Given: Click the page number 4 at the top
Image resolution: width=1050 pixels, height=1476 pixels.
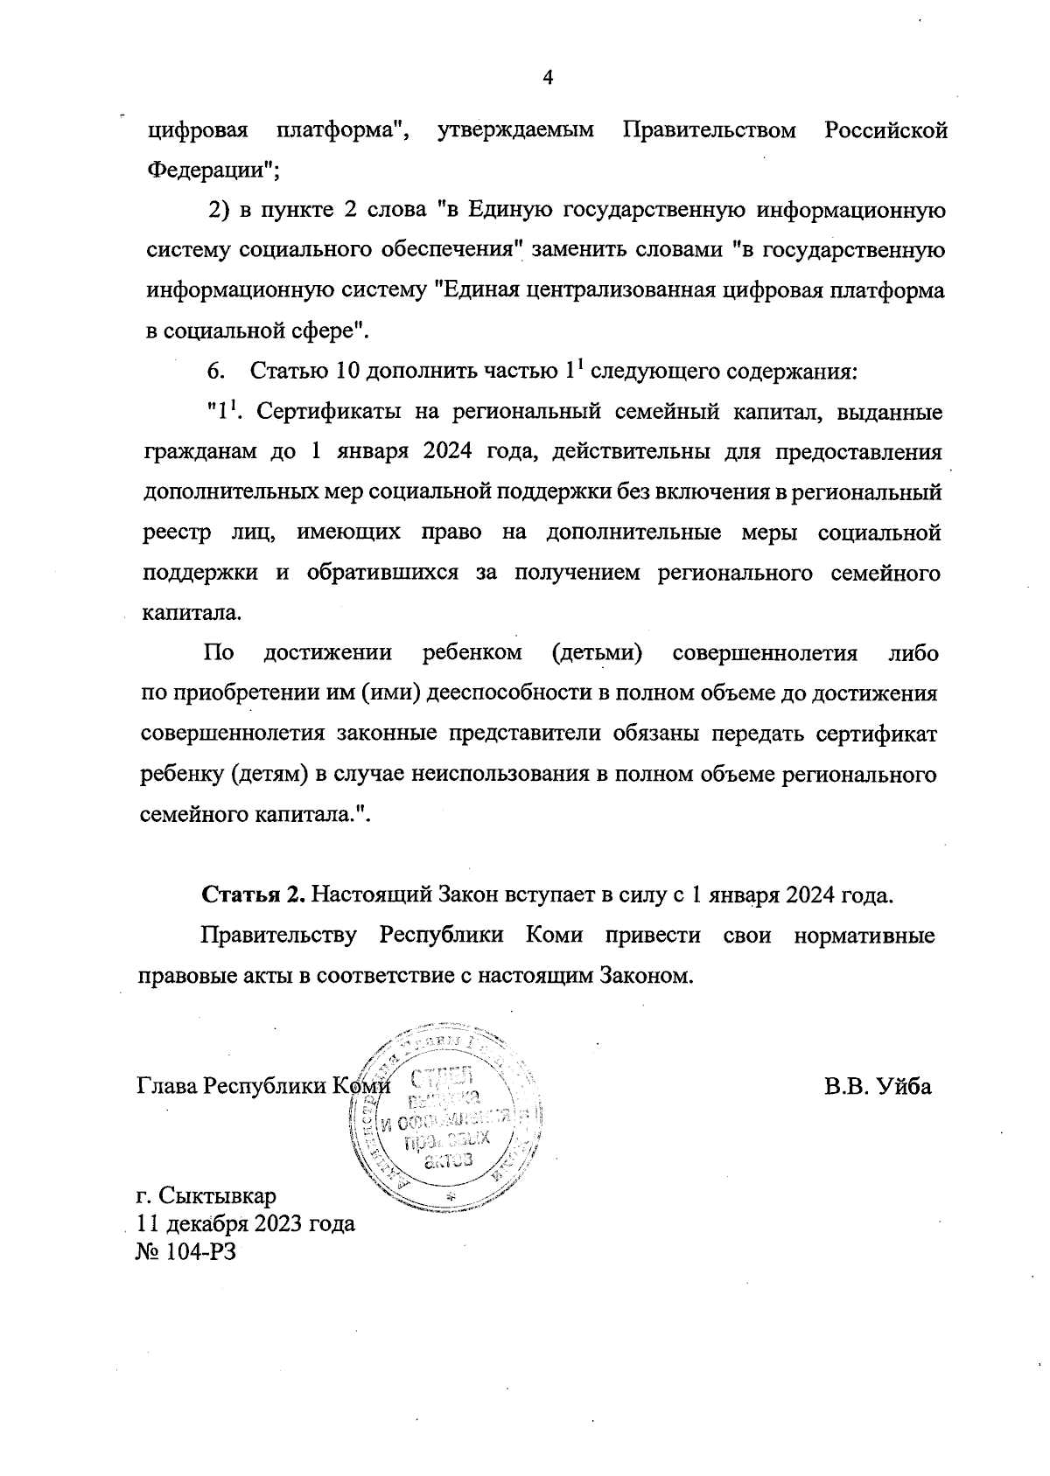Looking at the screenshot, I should point(549,79).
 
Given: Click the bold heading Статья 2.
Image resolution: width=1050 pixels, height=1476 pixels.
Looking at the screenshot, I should point(254,895).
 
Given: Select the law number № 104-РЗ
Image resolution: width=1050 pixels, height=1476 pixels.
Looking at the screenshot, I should point(187,1251).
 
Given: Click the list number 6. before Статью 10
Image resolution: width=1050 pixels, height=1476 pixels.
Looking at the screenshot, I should point(216,371).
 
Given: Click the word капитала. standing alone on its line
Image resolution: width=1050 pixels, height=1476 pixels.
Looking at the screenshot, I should point(191,613).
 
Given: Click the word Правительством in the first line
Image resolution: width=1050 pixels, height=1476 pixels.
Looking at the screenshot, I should point(710,130).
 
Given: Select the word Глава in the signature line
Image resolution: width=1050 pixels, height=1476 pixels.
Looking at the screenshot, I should point(167,1086).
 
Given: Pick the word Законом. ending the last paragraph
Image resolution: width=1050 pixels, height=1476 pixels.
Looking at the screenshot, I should point(646,976).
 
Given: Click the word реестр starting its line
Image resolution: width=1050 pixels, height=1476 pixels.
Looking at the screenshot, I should point(176,533).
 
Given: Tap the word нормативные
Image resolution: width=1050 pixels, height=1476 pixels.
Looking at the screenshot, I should point(864,936).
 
